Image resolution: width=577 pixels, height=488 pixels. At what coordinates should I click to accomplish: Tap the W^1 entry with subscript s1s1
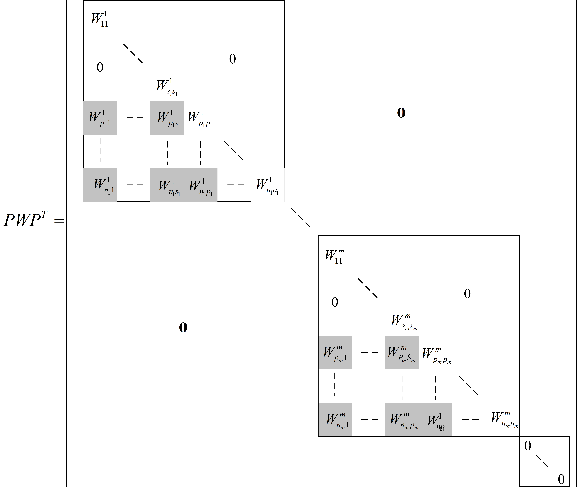[x=167, y=87]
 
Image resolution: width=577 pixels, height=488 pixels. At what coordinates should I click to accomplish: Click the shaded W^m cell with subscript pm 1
[x=335, y=353]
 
